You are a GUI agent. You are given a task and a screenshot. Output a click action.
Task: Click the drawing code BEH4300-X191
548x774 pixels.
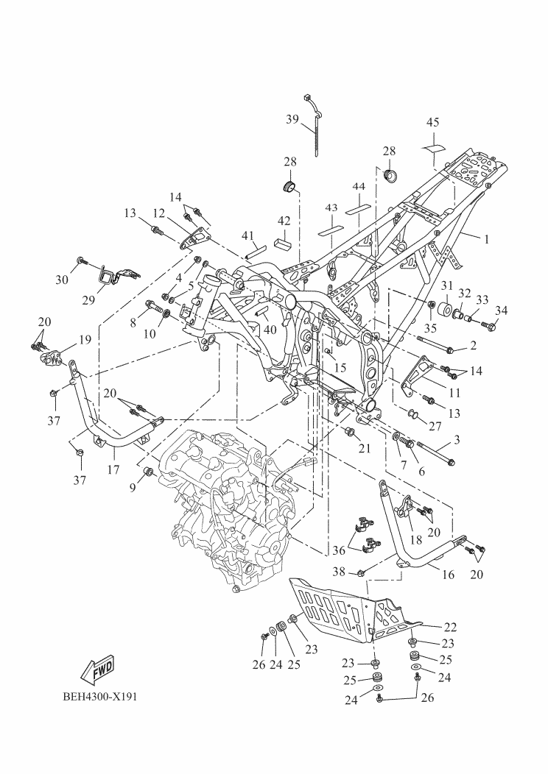(x=100, y=697)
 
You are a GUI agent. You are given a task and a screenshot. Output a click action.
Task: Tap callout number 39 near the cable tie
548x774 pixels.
(x=292, y=119)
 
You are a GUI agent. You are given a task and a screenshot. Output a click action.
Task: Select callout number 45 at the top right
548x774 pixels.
(x=432, y=122)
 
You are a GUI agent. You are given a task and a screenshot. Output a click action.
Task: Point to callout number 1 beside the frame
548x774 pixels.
(x=486, y=239)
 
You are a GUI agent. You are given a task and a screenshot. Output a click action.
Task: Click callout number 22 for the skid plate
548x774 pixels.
(x=450, y=627)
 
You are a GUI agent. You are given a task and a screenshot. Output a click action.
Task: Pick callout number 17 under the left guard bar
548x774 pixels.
(x=113, y=469)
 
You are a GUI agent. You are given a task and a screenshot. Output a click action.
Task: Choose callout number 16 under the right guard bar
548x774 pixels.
(x=448, y=575)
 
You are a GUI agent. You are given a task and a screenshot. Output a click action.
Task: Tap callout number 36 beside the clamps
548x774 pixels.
(x=339, y=550)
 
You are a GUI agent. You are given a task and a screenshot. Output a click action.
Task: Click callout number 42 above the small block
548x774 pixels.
(x=284, y=221)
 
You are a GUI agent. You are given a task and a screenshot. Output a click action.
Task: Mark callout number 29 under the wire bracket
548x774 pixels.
(x=88, y=299)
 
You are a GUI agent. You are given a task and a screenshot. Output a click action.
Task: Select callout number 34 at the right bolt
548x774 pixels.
(x=501, y=310)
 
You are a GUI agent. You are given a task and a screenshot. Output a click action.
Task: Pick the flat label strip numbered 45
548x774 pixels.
(x=433, y=148)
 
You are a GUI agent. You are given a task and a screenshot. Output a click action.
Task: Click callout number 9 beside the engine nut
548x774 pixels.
(x=133, y=488)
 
